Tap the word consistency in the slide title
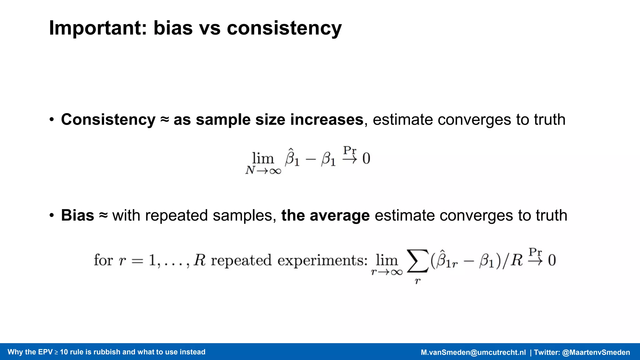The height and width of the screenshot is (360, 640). [284, 28]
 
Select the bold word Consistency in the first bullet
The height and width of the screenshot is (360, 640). [108, 120]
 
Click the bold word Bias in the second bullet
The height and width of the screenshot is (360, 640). [77, 215]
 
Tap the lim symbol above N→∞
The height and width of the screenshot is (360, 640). [263, 158]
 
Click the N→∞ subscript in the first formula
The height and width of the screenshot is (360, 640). [263, 171]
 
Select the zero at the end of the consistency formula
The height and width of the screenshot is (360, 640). [366, 158]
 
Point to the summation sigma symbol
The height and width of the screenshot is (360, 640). [417, 261]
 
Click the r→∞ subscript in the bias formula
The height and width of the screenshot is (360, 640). [387, 272]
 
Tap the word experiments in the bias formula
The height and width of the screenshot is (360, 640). [322, 260]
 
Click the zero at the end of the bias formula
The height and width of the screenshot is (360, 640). [552, 260]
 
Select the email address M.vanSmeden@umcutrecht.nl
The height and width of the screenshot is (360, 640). [473, 352]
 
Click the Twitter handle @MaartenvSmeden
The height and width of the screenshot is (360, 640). [596, 352]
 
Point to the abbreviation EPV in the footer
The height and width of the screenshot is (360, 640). [46, 352]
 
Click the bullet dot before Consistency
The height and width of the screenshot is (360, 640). [52, 120]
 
